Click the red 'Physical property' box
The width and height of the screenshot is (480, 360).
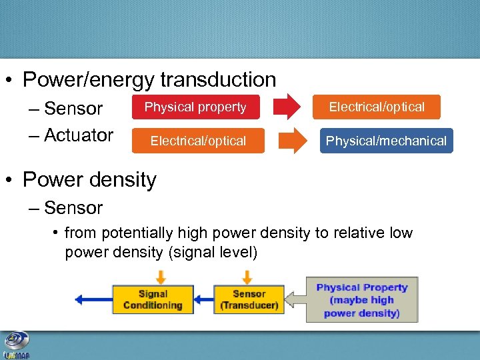tap(195, 107)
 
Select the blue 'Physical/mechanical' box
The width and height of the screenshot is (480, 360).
tap(386, 141)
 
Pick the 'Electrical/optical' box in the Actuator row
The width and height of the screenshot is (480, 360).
tap(198, 141)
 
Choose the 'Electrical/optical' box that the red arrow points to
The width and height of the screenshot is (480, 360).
tap(377, 107)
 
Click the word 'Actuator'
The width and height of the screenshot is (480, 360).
tap(79, 135)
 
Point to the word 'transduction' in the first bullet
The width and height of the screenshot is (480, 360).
tap(218, 80)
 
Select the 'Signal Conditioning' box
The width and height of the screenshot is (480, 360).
tap(153, 299)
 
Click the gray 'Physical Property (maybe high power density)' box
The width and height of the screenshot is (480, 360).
tap(362, 299)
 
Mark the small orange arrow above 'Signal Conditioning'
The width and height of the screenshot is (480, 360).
tap(161, 277)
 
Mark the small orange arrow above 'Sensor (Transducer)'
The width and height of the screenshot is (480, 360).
tap(247, 277)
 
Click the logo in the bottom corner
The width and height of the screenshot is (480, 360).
tap(16, 345)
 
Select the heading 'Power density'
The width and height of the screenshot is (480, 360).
tap(89, 180)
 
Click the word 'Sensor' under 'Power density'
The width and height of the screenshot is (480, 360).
tap(73, 208)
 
